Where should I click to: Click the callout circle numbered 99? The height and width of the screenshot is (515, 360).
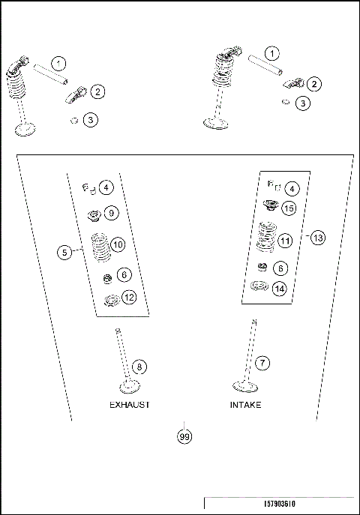pyautogui.click(x=184, y=436)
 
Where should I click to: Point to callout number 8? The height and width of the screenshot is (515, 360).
pyautogui.click(x=139, y=367)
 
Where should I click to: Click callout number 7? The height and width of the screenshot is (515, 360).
pyautogui.click(x=262, y=363)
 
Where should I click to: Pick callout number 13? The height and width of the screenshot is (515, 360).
pyautogui.click(x=317, y=238)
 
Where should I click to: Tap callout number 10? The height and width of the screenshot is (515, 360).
pyautogui.click(x=118, y=244)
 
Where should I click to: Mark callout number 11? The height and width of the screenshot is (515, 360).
pyautogui.click(x=286, y=241)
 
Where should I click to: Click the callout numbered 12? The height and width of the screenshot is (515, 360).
pyautogui.click(x=129, y=298)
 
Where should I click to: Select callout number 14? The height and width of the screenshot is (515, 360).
pyautogui.click(x=279, y=288)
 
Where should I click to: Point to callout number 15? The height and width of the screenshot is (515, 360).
pyautogui.click(x=289, y=208)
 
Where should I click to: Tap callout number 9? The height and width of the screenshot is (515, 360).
pyautogui.click(x=111, y=213)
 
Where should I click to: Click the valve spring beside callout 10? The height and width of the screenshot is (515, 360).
pyautogui.click(x=97, y=247)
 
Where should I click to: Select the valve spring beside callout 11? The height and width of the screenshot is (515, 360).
pyautogui.click(x=264, y=238)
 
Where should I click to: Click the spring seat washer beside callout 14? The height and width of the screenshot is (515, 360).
pyautogui.click(x=261, y=287)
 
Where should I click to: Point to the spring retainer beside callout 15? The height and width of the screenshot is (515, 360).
pyautogui.click(x=269, y=206)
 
